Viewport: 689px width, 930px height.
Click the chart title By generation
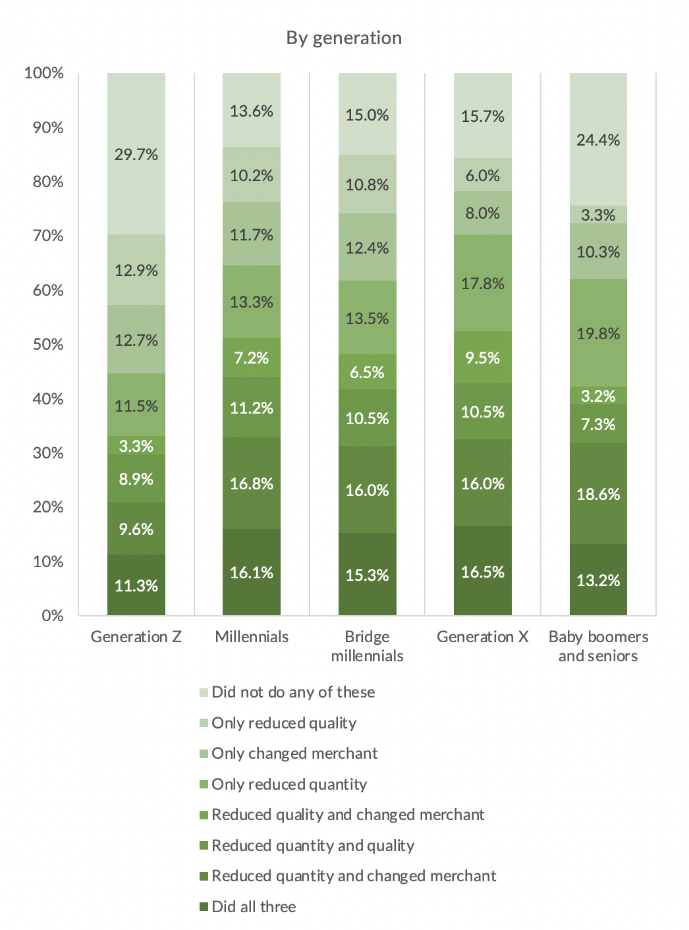click(x=344, y=38)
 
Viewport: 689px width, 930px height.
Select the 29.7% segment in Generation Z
click(x=136, y=154)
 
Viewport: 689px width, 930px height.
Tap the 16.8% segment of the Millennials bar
click(x=252, y=483)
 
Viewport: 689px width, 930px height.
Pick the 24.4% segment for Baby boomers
click(x=598, y=140)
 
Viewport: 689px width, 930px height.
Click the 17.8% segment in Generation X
click(x=483, y=283)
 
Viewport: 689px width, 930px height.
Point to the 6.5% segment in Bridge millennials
click(x=367, y=372)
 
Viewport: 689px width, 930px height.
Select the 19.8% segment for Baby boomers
click(x=598, y=333)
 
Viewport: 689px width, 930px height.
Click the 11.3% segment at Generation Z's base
click(x=136, y=586)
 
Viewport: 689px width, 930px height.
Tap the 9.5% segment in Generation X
click(x=483, y=358)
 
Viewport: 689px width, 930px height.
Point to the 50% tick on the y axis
click(x=48, y=344)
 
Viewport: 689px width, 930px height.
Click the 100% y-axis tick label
click(x=44, y=73)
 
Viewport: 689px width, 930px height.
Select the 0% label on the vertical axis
click(x=53, y=616)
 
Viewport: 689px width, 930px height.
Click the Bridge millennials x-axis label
click(x=367, y=646)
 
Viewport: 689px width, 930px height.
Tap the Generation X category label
click(x=483, y=637)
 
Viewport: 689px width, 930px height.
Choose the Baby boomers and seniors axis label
click(x=598, y=646)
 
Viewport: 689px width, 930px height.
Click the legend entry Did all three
click(x=254, y=907)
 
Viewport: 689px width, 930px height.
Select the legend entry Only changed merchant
click(x=294, y=753)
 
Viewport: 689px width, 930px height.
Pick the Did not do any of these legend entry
click(x=293, y=692)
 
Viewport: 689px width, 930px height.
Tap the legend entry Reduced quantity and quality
click(x=313, y=846)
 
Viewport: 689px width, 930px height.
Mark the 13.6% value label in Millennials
click(x=252, y=111)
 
